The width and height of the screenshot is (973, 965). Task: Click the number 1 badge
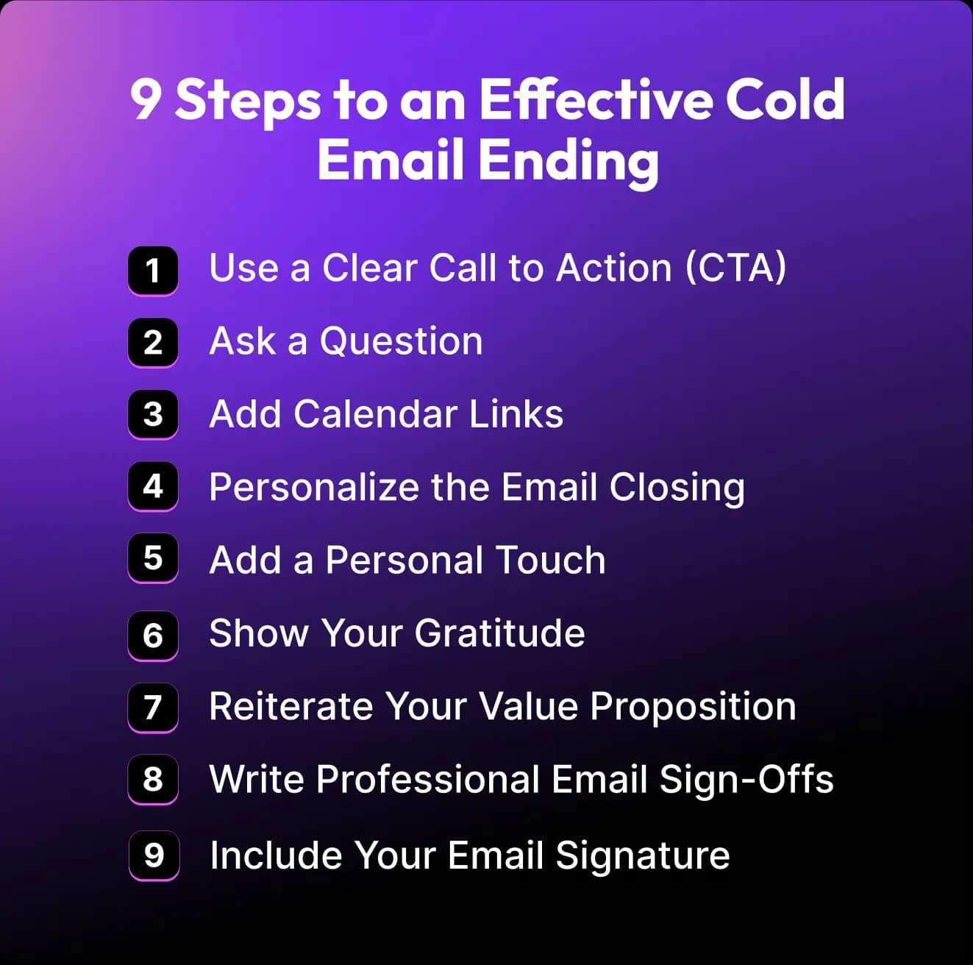(153, 271)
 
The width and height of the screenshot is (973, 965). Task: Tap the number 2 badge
(153, 343)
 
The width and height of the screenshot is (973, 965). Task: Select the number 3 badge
(153, 415)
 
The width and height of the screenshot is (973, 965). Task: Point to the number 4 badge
(153, 487)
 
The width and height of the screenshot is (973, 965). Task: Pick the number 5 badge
(153, 558)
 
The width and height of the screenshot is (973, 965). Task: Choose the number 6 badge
(153, 635)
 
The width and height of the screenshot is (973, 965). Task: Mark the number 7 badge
(153, 708)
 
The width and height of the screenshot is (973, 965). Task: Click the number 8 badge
(153, 779)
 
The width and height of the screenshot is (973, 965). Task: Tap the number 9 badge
(154, 856)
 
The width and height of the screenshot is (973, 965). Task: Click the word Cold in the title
(785, 99)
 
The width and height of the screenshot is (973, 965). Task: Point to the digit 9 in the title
(146, 100)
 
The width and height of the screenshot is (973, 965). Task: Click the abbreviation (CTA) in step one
(735, 268)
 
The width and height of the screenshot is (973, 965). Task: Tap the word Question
(402, 341)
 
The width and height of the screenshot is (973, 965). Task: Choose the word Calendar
(376, 414)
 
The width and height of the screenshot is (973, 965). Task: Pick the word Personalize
(314, 488)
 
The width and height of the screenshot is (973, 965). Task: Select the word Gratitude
(500, 633)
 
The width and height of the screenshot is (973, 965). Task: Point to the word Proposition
(693, 707)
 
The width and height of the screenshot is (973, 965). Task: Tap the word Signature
(643, 856)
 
